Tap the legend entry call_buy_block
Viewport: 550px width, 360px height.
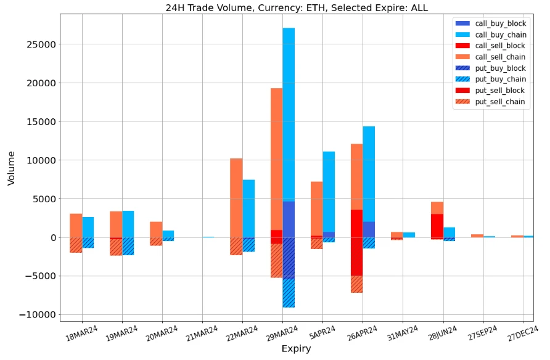click(x=500, y=23)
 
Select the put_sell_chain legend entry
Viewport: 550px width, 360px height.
click(x=500, y=102)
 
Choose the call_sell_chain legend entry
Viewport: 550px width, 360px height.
click(x=500, y=57)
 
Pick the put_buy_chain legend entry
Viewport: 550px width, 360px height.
click(x=500, y=79)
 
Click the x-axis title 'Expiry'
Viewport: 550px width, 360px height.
click(x=296, y=349)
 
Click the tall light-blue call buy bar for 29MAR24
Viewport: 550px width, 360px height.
click(x=289, y=111)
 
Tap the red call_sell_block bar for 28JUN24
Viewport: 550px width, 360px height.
click(x=437, y=226)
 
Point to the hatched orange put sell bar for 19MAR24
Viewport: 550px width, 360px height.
click(x=116, y=247)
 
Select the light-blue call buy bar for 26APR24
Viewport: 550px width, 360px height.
click(x=369, y=173)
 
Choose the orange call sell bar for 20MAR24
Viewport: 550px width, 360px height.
click(x=156, y=229)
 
